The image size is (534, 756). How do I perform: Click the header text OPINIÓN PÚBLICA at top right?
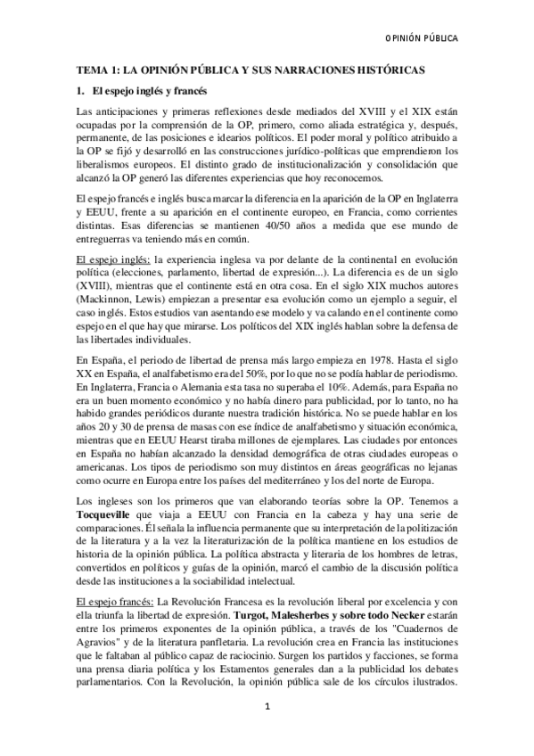(x=420, y=39)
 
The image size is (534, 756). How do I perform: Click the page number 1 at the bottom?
(x=267, y=732)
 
